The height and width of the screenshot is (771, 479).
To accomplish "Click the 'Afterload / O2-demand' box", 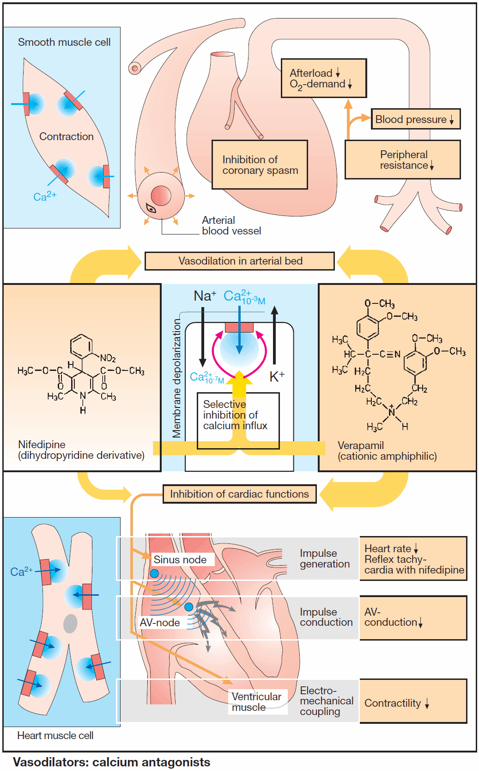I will point(323,78).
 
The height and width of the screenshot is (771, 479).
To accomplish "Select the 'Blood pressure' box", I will point(415,119).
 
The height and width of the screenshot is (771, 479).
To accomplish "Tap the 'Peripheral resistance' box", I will point(402,160).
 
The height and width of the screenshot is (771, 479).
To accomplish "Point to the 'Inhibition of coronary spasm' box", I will point(260,165).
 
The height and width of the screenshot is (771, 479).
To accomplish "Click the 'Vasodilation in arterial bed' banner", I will point(239,261).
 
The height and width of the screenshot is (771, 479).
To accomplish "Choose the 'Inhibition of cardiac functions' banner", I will point(239,494).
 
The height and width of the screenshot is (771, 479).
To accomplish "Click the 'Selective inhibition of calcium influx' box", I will point(238,420).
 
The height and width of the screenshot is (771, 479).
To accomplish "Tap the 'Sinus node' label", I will point(180,560).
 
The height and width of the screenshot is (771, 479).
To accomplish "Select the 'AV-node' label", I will point(160,623).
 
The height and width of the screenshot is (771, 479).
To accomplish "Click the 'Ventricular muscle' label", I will point(257,702).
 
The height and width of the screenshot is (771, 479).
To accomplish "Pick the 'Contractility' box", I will point(412,701).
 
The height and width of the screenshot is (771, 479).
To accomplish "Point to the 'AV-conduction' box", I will point(412,617).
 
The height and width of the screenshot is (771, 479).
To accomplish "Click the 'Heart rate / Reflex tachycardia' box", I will point(412,559).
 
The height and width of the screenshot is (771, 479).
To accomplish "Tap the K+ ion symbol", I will point(277,376).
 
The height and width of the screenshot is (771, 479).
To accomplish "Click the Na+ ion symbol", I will point(205,296).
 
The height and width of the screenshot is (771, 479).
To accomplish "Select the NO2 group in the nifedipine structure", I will point(108,358).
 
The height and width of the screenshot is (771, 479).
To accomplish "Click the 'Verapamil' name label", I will point(361,445).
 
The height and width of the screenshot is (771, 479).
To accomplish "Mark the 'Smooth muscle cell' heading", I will point(64,42).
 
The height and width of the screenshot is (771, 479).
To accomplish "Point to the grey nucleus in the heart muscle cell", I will point(70,623).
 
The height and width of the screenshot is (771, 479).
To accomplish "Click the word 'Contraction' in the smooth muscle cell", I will point(67,136).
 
